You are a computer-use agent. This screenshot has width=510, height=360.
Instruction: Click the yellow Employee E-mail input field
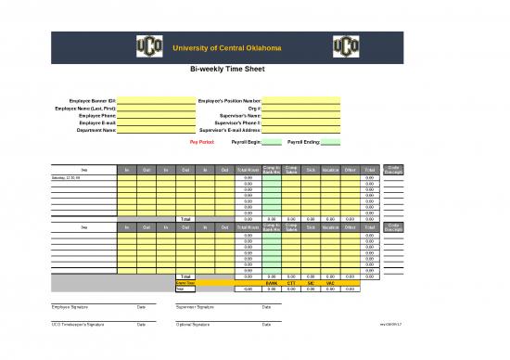[x=155, y=122]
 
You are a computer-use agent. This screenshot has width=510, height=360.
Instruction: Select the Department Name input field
[x=155, y=131]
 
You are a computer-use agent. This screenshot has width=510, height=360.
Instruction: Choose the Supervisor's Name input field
[x=301, y=115]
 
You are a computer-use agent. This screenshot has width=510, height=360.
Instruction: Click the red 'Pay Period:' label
[x=202, y=143]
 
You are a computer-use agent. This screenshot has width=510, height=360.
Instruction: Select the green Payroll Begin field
[x=271, y=143]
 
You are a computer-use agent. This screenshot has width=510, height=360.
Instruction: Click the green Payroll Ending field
[x=331, y=143]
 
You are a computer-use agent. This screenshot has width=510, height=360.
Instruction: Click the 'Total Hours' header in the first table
[x=248, y=169]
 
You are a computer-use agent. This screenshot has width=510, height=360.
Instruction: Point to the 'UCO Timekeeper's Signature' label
[x=75, y=324]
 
